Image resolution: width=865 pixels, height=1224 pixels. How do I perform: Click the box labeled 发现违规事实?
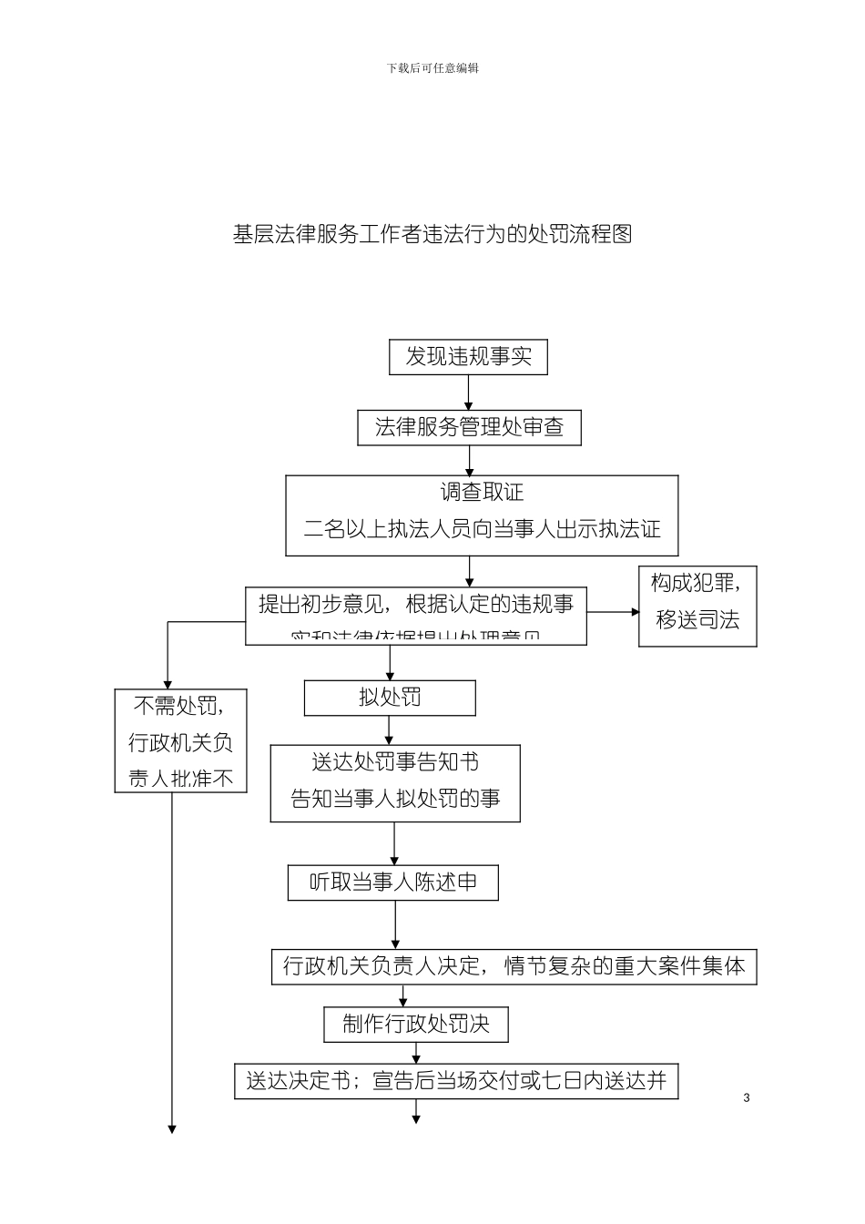[x=468, y=357]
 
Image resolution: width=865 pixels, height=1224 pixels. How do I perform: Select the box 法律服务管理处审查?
[x=469, y=427]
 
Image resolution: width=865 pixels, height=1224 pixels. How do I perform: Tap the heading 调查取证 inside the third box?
[x=482, y=493]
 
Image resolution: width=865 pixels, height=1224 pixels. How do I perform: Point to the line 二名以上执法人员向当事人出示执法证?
[x=482, y=529]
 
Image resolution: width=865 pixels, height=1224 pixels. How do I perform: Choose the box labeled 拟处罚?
[x=390, y=699]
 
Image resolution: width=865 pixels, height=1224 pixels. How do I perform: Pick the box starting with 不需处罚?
[x=180, y=740]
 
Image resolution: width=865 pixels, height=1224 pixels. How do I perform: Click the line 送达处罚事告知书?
[x=395, y=761]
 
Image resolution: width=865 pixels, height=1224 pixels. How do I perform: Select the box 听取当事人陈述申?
[x=393, y=882]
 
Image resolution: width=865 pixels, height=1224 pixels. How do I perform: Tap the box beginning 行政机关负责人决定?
[x=514, y=966]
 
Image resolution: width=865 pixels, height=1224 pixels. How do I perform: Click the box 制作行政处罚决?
[x=416, y=1025]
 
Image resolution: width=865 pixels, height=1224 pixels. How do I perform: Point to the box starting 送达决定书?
[x=456, y=1081]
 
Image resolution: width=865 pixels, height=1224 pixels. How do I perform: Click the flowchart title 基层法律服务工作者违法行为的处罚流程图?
[x=432, y=235]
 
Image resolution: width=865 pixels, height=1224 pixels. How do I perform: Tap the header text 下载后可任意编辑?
[x=432, y=68]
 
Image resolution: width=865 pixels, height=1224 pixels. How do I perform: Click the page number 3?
[x=747, y=1097]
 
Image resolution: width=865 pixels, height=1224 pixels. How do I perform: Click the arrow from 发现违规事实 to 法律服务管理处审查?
[x=469, y=393]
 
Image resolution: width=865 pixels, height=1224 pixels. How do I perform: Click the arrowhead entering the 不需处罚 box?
[x=168, y=683]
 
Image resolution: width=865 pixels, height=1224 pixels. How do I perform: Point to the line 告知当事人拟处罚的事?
[x=395, y=799]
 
